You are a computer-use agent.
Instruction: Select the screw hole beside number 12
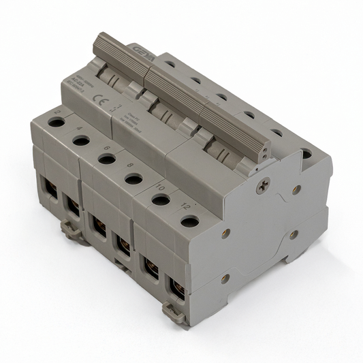point(190,221)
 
